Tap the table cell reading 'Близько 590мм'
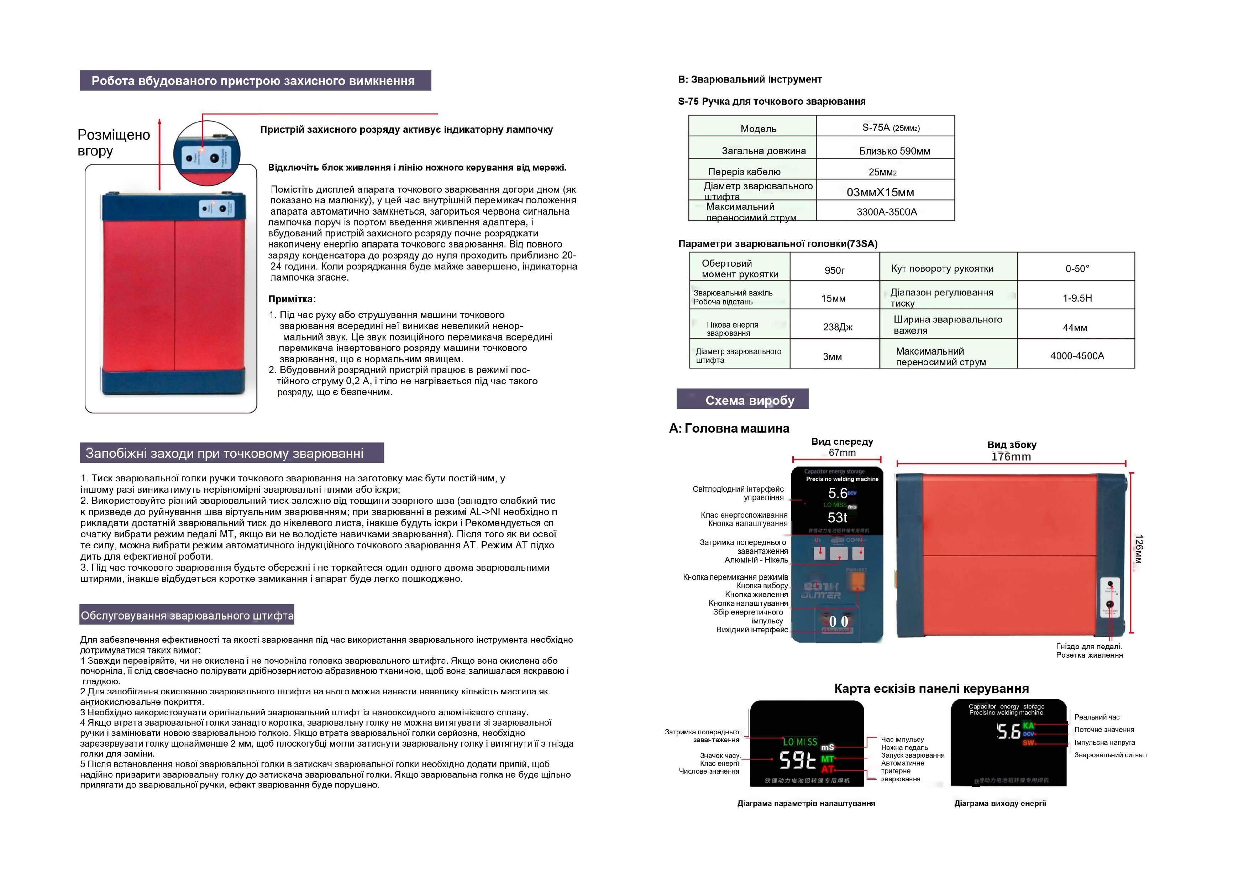(x=894, y=151)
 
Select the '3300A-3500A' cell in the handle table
(x=887, y=211)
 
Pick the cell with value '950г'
(x=834, y=270)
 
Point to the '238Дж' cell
(x=837, y=327)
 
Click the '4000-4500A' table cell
(x=1077, y=356)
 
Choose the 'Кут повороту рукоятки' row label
(x=942, y=268)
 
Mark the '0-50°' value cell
(x=1077, y=268)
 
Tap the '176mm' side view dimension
(x=1011, y=456)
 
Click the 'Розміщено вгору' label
(x=113, y=142)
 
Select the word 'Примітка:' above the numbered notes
(x=292, y=299)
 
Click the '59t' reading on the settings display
(x=798, y=760)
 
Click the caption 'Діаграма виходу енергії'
(x=1000, y=803)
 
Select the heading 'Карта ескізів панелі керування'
(x=931, y=688)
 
